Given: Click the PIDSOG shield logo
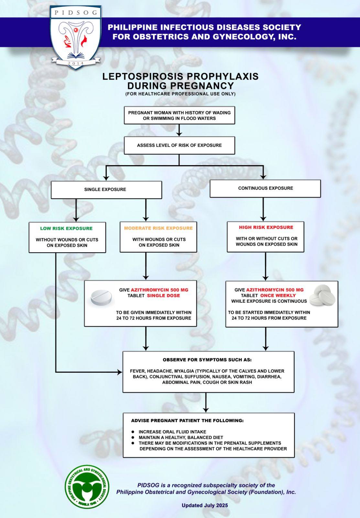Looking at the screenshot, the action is click(76, 37).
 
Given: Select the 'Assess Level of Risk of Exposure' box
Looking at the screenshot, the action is click(179, 145).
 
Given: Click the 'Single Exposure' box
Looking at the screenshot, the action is click(106, 190).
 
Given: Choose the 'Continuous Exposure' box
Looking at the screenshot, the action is click(265, 188).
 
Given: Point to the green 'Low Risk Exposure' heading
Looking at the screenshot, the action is click(66, 229).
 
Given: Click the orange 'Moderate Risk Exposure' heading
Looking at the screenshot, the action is click(158, 228).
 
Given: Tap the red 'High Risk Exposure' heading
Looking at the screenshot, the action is click(266, 227).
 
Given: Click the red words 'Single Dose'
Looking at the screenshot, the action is click(163, 296).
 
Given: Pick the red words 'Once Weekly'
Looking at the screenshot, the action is click(278, 296).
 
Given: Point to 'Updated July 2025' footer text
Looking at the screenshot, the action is click(205, 505).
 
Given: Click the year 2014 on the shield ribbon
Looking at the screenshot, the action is click(76, 63).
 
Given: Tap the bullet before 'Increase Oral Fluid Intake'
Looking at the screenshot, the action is click(133, 432).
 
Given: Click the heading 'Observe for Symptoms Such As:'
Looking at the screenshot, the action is click(207, 360).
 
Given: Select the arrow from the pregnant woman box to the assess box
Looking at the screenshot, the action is click(179, 130).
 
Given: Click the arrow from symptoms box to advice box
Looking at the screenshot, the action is click(206, 402).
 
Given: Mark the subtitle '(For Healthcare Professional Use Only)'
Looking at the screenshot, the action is click(180, 94).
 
